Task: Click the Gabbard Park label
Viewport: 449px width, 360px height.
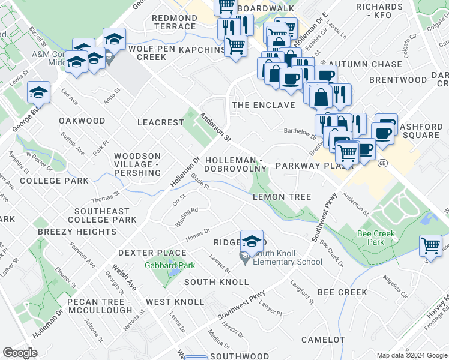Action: (x=164, y=265)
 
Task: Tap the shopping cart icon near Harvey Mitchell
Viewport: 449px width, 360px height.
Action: (x=430, y=245)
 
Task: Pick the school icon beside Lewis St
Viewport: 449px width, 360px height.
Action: (x=38, y=93)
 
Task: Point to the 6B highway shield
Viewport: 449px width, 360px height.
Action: (x=382, y=163)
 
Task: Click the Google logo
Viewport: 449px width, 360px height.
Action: (x=20, y=352)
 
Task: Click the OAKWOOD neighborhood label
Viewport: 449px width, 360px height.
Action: (x=82, y=121)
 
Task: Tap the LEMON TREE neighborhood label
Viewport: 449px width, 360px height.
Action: (x=282, y=197)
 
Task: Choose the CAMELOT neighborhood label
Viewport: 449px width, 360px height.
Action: (x=323, y=340)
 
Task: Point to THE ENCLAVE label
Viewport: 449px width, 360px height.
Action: (x=264, y=105)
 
